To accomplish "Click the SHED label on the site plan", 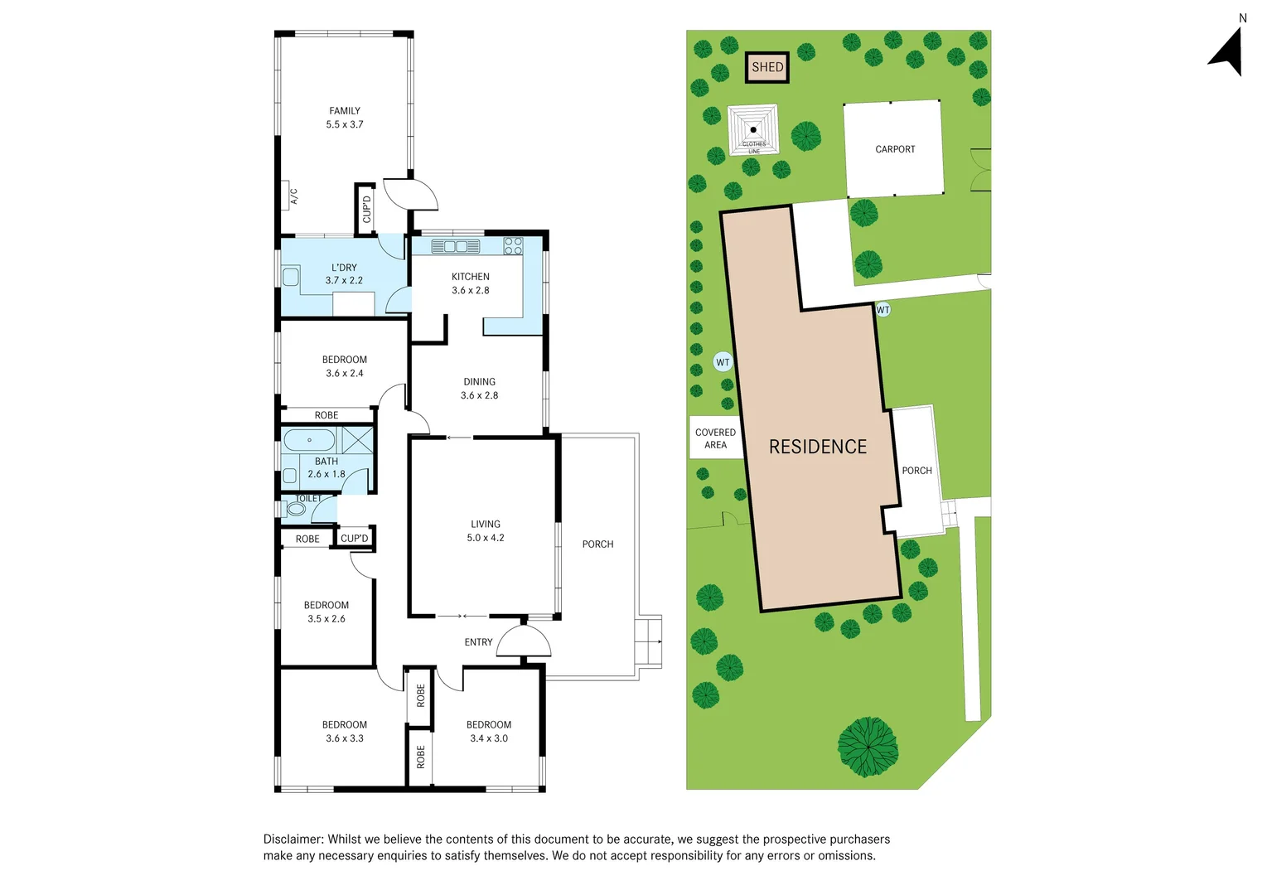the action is tap(767, 67).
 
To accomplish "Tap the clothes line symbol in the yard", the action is tap(753, 129).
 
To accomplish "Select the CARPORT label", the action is tap(895, 149).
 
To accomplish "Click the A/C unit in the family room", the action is tap(286, 196).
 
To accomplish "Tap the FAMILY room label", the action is tap(345, 111).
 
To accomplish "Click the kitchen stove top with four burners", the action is tap(513, 246).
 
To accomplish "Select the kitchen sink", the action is tap(455, 246).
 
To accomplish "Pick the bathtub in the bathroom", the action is tap(309, 440).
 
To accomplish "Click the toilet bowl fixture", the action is tap(295, 509).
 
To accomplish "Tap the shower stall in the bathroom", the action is tap(357, 440).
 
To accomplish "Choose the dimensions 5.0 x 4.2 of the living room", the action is tap(486, 538).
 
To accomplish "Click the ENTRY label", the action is tap(478, 642).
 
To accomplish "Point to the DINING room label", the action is tap(479, 382).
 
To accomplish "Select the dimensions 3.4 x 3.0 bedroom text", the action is tap(489, 738).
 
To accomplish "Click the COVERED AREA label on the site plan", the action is tap(715, 438).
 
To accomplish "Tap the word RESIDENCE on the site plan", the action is tap(817, 447).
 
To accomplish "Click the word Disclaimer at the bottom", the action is tap(293, 839).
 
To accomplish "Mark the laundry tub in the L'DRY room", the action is tap(291, 278).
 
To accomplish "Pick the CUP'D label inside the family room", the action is tap(366, 210).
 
